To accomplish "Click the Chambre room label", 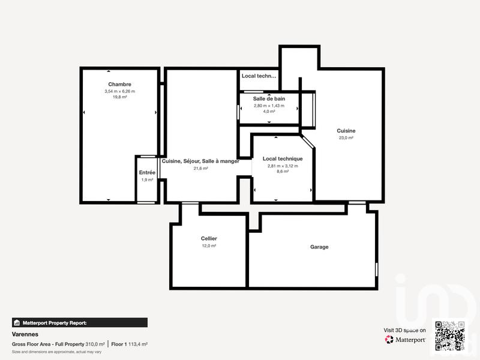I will tap(120, 85).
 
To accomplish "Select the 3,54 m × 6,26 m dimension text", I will tap(120, 91).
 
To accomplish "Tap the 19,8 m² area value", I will tap(120, 97).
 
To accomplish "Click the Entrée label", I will tap(148, 173).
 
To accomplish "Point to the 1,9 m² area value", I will tap(148, 179).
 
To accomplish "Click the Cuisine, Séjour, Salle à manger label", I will tap(200, 161).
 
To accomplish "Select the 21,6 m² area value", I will tap(200, 169).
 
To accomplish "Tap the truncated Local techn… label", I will tap(259, 76).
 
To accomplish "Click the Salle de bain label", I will tap(269, 98).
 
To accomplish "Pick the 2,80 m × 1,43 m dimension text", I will tap(269, 106).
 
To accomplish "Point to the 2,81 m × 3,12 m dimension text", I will tap(283, 165).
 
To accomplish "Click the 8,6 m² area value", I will tap(283, 172).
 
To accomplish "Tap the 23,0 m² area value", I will tap(346, 138).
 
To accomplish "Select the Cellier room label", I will tap(209, 239).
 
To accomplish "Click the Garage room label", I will tap(319, 247).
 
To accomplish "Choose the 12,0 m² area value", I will tap(209, 245).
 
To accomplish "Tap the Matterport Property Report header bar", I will tap(80, 322).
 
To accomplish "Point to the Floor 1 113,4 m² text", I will tap(130, 344).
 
